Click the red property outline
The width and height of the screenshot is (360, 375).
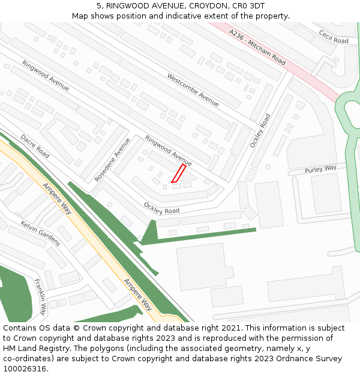(178, 173)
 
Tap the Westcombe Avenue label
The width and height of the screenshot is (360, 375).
(193, 90)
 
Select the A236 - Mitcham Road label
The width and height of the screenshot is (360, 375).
(257, 47)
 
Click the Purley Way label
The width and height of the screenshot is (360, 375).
(320, 169)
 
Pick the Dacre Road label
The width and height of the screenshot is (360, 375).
(35, 146)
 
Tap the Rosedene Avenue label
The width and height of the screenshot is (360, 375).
(112, 160)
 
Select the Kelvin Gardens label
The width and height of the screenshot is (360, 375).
(40, 233)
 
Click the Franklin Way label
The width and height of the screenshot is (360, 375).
(40, 297)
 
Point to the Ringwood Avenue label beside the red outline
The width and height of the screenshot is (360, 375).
(168, 151)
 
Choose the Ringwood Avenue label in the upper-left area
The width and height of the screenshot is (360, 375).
(46, 76)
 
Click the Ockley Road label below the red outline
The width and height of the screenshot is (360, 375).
(161, 208)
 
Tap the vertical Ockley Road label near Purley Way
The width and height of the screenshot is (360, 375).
(260, 131)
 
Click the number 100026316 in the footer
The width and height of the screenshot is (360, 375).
(25, 369)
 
